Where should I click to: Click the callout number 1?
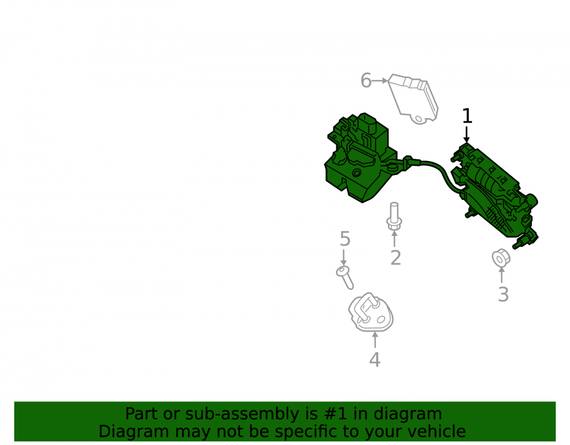point(467,116)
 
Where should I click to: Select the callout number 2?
point(396,258)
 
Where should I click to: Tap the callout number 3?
point(503,294)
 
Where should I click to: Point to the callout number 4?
point(375,360)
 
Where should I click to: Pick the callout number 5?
point(345,239)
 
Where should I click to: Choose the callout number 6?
point(366,80)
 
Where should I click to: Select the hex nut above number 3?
point(501,258)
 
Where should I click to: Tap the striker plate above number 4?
point(371,312)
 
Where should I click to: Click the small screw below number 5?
point(345,277)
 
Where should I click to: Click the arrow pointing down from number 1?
point(467,134)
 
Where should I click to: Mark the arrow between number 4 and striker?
point(375,341)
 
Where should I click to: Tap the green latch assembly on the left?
point(360,160)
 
